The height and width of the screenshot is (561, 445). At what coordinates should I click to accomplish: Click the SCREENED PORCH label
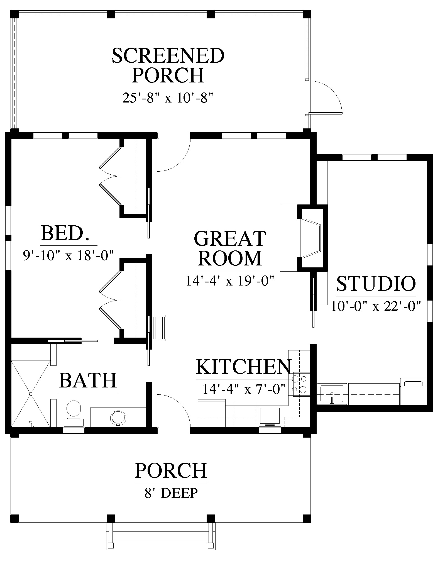pos(168,65)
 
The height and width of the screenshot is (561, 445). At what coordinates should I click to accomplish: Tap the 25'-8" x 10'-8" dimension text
pos(168,98)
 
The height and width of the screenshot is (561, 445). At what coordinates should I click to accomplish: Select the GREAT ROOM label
pos(230,248)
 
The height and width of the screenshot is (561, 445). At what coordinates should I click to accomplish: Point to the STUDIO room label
pos(376,284)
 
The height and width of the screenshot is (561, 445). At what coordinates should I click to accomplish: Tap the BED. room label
pos(65,233)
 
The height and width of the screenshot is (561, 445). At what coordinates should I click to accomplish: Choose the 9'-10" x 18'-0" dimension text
pos(69,255)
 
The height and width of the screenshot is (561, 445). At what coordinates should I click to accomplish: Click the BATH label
pos(88,380)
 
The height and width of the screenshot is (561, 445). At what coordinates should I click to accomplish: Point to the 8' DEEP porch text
pos(171,493)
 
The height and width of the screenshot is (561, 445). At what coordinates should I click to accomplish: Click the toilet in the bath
pos(74,413)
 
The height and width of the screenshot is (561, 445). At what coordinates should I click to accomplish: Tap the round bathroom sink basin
pos(118,418)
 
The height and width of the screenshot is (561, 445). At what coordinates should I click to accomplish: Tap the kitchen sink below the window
pos(270,416)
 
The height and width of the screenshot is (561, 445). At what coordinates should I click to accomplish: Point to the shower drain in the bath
pos(31,394)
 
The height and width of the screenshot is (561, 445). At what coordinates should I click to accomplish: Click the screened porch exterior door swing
pos(326,97)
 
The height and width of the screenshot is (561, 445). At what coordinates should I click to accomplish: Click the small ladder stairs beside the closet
pos(158,327)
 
